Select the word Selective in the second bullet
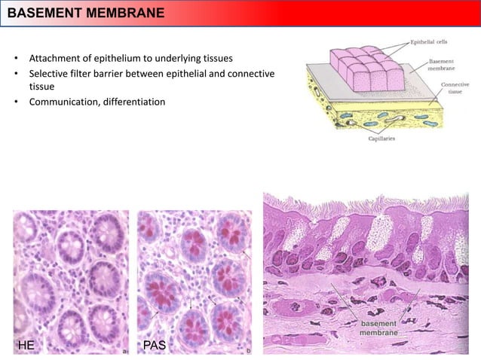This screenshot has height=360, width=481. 49,72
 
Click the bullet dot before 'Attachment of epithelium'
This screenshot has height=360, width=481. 16,59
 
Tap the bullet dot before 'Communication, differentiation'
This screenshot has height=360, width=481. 16,102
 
